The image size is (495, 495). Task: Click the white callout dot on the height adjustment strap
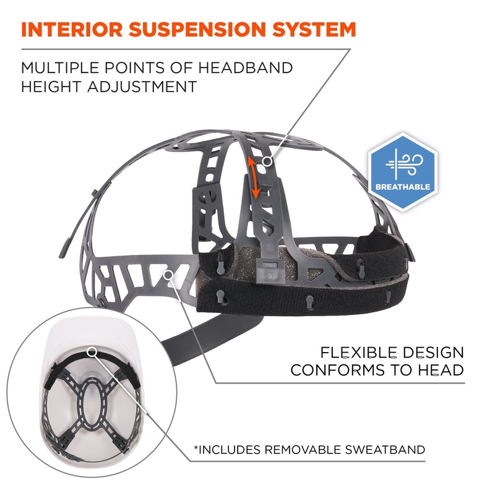point(267,161)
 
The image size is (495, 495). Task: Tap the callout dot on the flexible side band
point(168,273)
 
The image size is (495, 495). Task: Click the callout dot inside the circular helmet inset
point(93,351)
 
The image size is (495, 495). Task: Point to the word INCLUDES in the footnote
point(229,449)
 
